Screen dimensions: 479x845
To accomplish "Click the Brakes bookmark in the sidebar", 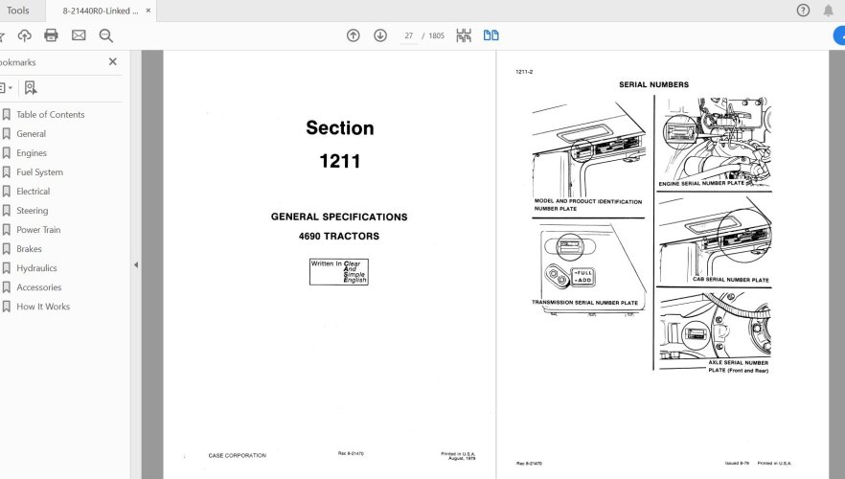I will (29, 249).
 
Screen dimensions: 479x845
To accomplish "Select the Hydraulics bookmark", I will (36, 268).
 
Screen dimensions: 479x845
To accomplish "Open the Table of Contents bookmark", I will (50, 115).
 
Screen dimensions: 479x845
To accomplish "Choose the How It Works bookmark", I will (42, 307).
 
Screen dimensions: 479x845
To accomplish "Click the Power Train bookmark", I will (38, 230).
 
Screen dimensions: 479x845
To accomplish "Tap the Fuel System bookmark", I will (39, 172).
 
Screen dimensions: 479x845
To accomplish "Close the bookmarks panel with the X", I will (112, 61).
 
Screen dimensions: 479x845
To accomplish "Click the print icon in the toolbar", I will (51, 35).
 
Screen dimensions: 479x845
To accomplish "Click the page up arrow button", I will (354, 35).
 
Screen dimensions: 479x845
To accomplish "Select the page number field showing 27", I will (409, 36).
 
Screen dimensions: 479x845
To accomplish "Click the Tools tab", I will (18, 11).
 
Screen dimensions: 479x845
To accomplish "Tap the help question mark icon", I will (803, 11).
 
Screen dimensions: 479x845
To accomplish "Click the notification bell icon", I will (828, 11).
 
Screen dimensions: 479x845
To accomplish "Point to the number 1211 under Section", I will (339, 161).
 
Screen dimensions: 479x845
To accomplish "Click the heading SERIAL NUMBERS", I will (653, 84).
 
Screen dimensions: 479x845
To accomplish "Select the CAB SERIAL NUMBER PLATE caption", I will (730, 280).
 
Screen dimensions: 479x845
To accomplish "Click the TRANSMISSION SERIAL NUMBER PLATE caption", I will (584, 303).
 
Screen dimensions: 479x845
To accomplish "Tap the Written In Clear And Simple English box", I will (338, 271).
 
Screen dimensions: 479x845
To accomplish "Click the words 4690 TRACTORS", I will (339, 236).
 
